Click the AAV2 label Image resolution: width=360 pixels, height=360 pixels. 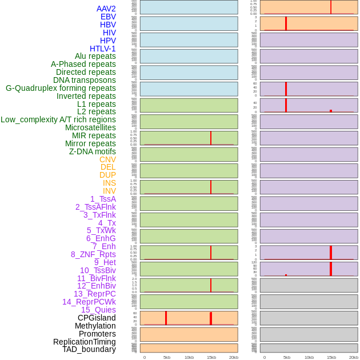(x=106, y=9)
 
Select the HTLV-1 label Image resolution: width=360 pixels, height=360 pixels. (x=103, y=49)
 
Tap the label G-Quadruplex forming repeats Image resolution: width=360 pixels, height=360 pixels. (x=61, y=88)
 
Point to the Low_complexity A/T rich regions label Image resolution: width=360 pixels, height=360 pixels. (x=58, y=119)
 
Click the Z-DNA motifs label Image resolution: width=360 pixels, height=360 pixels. (x=93, y=151)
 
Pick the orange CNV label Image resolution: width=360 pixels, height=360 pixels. (x=107, y=159)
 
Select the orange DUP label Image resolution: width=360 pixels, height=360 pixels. (x=107, y=175)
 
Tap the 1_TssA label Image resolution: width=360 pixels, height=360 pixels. (x=103, y=199)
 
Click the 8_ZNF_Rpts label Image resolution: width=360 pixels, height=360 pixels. (x=93, y=254)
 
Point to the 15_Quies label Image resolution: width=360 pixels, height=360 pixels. (x=98, y=310)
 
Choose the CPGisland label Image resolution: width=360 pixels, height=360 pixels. (x=97, y=318)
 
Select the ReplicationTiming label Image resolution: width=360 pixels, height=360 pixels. (x=85, y=342)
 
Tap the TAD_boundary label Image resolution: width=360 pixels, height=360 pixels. (x=89, y=349)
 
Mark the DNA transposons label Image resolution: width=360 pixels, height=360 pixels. (x=85, y=80)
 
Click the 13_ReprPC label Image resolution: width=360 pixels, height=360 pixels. (x=94, y=294)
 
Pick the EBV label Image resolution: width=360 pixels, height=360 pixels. (x=108, y=17)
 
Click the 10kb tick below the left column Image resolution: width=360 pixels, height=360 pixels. (x=189, y=357)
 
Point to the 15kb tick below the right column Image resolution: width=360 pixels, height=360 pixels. (x=331, y=357)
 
